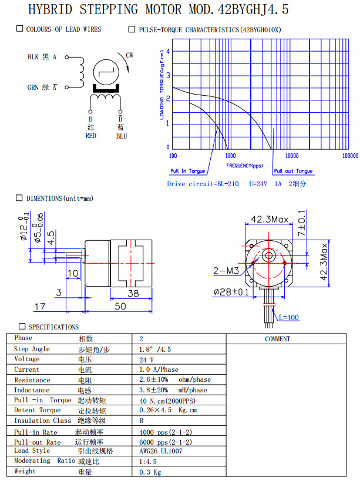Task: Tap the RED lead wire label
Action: (90, 136)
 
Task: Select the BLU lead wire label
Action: (121, 136)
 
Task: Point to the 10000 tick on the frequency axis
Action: (291, 156)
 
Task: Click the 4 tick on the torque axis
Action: (168, 51)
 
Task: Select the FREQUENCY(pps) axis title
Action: (245, 166)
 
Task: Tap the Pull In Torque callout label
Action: (188, 171)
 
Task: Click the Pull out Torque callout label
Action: (294, 171)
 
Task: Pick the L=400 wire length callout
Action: (288, 318)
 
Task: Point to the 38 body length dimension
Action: (133, 294)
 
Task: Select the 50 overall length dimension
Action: (120, 307)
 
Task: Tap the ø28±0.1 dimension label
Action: (231, 291)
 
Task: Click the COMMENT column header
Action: (277, 339)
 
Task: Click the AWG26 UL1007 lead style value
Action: (162, 451)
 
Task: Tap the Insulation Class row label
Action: (42, 421)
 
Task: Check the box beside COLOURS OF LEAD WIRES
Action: (20, 29)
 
